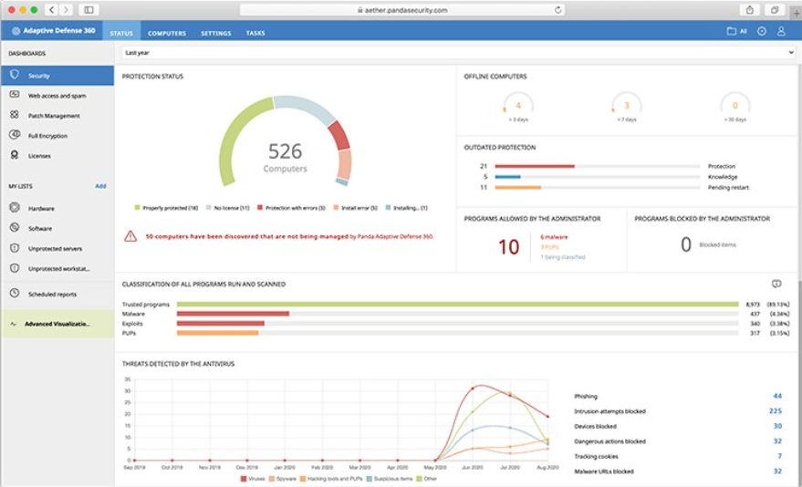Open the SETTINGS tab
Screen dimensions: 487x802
(x=215, y=34)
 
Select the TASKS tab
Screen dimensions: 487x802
(x=255, y=34)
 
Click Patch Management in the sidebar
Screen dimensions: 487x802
(x=54, y=116)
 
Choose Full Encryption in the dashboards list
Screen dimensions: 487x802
(x=47, y=136)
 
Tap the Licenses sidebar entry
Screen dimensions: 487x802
(x=39, y=156)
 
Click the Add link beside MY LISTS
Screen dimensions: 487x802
(x=100, y=186)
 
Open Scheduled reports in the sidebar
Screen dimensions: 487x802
(x=52, y=295)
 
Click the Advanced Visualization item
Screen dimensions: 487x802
(x=57, y=324)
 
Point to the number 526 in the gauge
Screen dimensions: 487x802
(x=285, y=151)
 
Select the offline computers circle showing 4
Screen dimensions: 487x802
(x=518, y=106)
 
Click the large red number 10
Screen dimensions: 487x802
(x=508, y=246)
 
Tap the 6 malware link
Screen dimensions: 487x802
(x=554, y=236)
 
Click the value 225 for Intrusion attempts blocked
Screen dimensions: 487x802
(x=775, y=411)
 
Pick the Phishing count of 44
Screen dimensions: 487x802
(x=776, y=397)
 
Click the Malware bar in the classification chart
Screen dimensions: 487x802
(x=233, y=314)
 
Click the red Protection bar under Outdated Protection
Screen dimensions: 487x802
(x=534, y=166)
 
